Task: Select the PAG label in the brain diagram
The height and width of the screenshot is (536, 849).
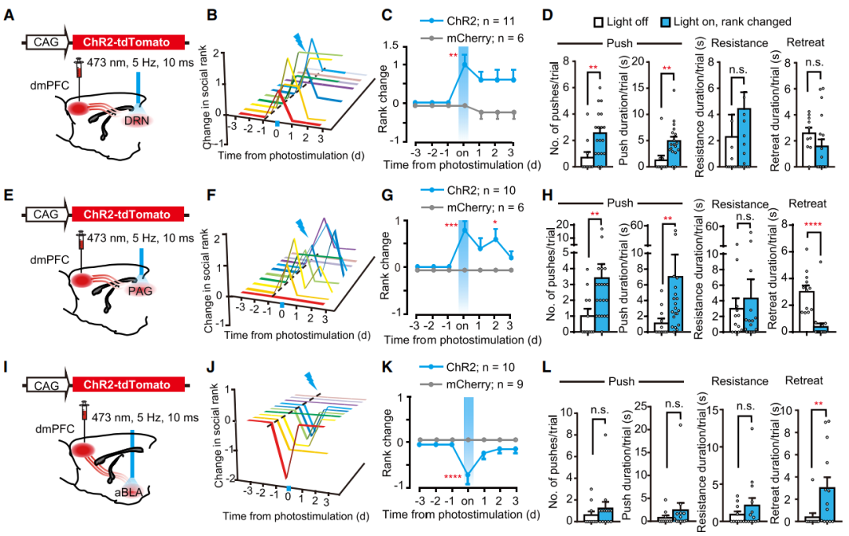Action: coord(140,291)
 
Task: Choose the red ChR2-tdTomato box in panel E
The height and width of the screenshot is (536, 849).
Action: coord(128,213)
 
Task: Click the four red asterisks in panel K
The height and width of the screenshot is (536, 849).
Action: coord(451,475)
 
